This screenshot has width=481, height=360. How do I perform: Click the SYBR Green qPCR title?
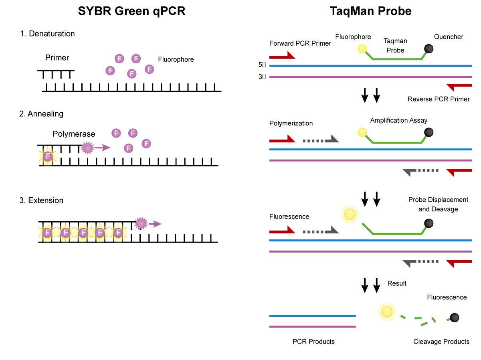coord(132,11)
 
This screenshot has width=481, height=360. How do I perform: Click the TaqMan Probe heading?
coord(370,11)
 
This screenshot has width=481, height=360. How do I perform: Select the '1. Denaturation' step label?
coord(47,34)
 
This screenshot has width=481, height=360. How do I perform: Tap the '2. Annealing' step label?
coord(41,114)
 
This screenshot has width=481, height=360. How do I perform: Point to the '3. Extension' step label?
coord(41,200)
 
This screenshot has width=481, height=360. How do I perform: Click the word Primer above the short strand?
coord(57,58)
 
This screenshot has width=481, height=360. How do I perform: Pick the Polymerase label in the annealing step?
coord(74,134)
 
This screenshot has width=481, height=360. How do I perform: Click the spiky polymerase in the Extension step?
coord(141,223)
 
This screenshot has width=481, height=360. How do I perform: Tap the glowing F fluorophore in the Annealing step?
coord(48,156)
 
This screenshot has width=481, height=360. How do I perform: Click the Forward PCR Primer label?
coord(300,43)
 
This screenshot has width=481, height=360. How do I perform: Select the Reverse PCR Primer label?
coord(439,99)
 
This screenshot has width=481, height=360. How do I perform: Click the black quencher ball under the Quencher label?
coord(428,49)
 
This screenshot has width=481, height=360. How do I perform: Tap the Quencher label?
coord(449,36)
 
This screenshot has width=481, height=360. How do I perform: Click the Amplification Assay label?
coord(398,120)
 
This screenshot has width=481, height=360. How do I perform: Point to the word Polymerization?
coord(291,123)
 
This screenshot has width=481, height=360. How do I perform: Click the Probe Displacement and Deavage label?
coord(438,204)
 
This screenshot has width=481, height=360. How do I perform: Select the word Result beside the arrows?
coord(397,283)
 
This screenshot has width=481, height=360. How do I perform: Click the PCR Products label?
coord(313,342)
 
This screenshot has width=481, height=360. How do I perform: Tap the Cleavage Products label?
coord(441,342)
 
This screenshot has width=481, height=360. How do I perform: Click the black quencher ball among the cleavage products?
coord(455,318)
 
